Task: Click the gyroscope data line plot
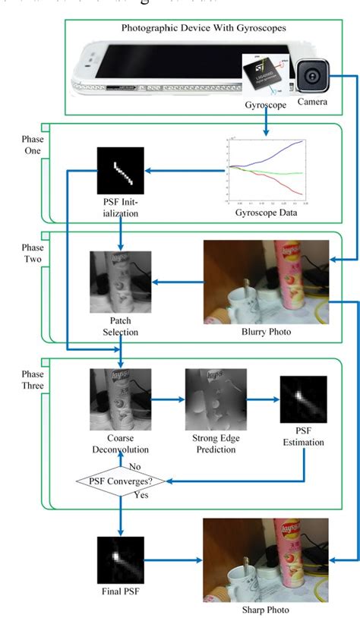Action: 266,171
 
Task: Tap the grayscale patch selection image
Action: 119,282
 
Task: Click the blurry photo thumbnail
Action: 266,282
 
